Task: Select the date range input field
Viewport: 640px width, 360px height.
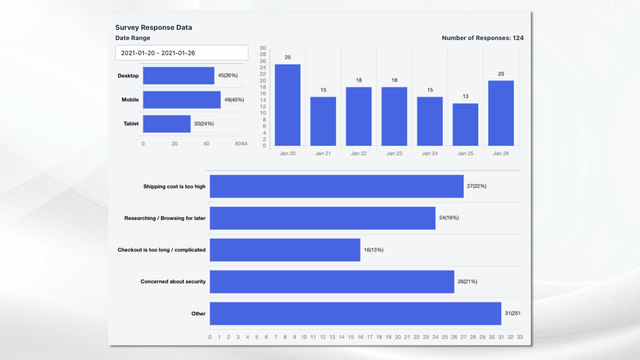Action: click(180, 52)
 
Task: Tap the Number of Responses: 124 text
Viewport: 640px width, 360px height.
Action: click(482, 38)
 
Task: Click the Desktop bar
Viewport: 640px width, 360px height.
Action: click(179, 75)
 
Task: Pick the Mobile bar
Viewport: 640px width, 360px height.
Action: click(181, 100)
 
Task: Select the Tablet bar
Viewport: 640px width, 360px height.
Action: click(166, 124)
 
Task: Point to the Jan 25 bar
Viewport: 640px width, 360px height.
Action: click(465, 125)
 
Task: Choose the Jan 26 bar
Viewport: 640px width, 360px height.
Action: click(501, 113)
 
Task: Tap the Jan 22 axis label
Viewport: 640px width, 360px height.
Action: click(358, 153)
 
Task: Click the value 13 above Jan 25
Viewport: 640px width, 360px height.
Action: click(465, 97)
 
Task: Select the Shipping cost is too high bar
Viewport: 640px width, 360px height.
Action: click(337, 186)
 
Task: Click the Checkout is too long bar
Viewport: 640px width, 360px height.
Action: click(285, 250)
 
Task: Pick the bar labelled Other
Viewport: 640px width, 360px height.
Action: click(355, 313)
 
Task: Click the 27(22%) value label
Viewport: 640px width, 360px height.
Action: click(477, 186)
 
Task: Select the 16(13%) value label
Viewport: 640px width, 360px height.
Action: click(374, 250)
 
